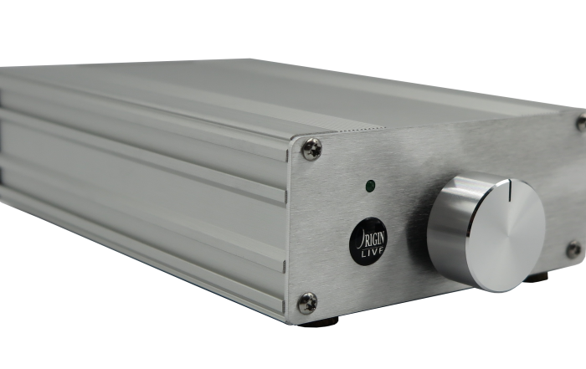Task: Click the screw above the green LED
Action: [311, 149]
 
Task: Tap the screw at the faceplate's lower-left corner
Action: [307, 303]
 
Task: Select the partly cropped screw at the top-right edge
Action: [582, 122]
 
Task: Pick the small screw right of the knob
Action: [574, 249]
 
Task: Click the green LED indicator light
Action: [370, 186]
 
